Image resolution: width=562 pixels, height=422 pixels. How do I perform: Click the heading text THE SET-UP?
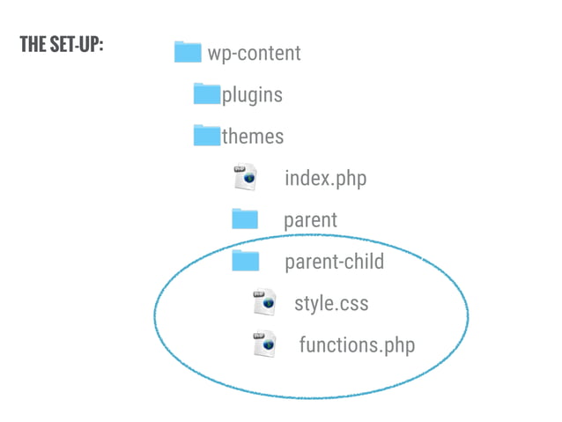(62, 46)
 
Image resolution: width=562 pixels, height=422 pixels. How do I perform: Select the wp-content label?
(254, 54)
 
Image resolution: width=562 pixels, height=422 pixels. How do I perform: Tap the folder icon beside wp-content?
(188, 52)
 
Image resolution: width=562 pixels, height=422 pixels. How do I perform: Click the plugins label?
(252, 94)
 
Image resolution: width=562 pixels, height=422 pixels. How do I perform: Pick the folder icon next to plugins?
(207, 93)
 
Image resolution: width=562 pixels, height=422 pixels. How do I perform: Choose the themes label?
(253, 137)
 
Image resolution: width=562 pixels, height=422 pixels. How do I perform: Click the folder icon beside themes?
(207, 135)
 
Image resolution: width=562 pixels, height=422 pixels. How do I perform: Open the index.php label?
(325, 179)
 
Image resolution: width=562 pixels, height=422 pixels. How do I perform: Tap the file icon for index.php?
(244, 177)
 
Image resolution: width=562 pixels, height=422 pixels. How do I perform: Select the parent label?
(310, 219)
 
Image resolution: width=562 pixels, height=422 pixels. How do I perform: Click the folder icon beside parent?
(245, 218)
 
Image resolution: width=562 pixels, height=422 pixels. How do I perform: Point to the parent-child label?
(334, 262)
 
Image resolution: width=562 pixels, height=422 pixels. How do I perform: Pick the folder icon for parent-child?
(245, 261)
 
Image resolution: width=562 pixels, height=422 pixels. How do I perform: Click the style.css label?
(331, 304)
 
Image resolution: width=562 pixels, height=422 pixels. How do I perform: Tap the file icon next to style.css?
(265, 302)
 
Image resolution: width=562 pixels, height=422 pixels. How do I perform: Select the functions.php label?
(356, 344)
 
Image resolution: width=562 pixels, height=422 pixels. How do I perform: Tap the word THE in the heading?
(31, 46)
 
